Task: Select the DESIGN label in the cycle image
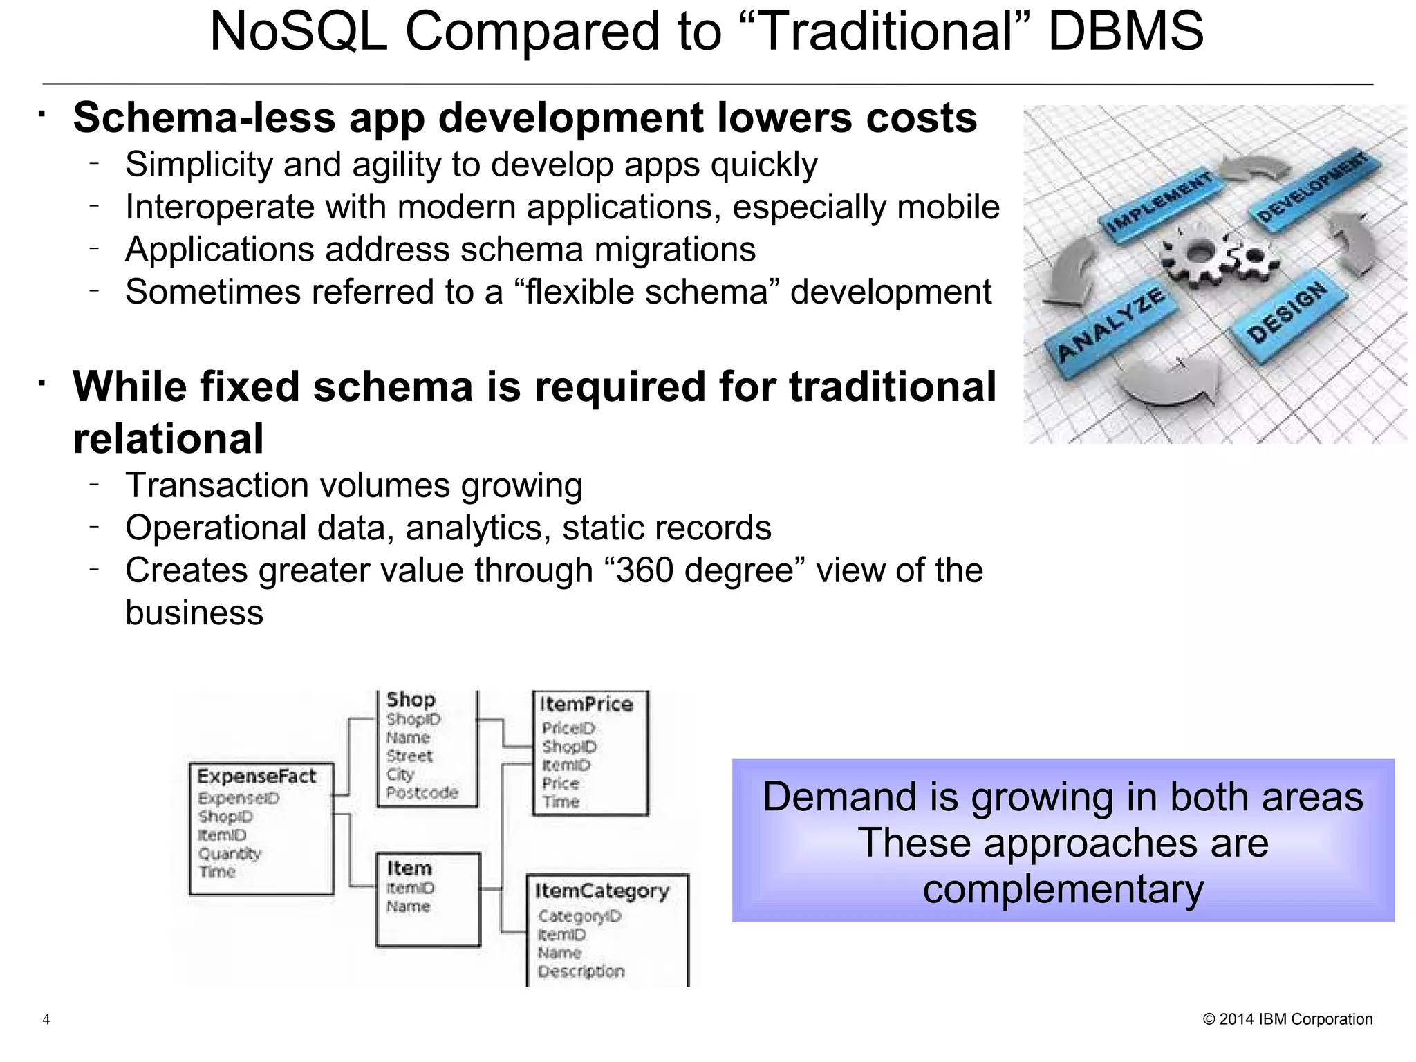[x=1287, y=313]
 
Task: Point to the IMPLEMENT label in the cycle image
[x=1159, y=203]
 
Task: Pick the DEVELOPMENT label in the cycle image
[x=1311, y=188]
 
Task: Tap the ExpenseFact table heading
[x=257, y=776]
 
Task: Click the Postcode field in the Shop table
[x=422, y=792]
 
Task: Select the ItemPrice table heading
[x=586, y=704]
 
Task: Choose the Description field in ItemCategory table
[x=581, y=971]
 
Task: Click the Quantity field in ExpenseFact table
[x=230, y=853]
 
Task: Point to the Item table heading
[x=409, y=868]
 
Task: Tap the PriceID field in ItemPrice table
[x=568, y=728]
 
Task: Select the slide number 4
[x=46, y=1019]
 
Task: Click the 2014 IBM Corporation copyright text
[x=1287, y=1019]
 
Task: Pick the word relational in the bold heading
[x=168, y=438]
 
